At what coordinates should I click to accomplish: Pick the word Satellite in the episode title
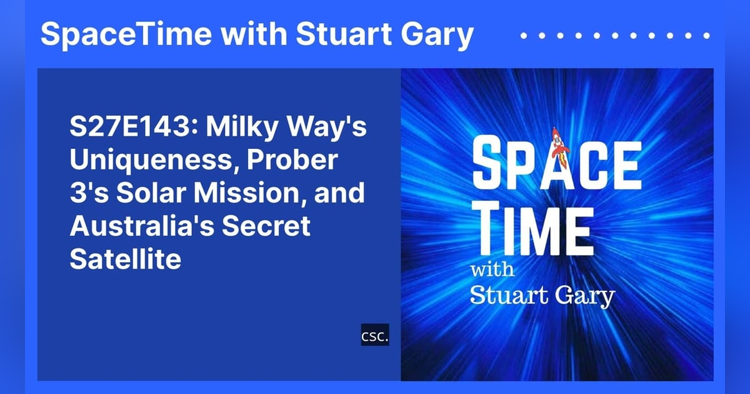(x=125, y=259)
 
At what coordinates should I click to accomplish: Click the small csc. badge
(x=375, y=335)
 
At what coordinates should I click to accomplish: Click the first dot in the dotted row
(x=523, y=36)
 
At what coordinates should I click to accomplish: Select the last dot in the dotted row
(x=707, y=36)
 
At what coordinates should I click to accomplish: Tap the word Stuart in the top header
(x=338, y=35)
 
